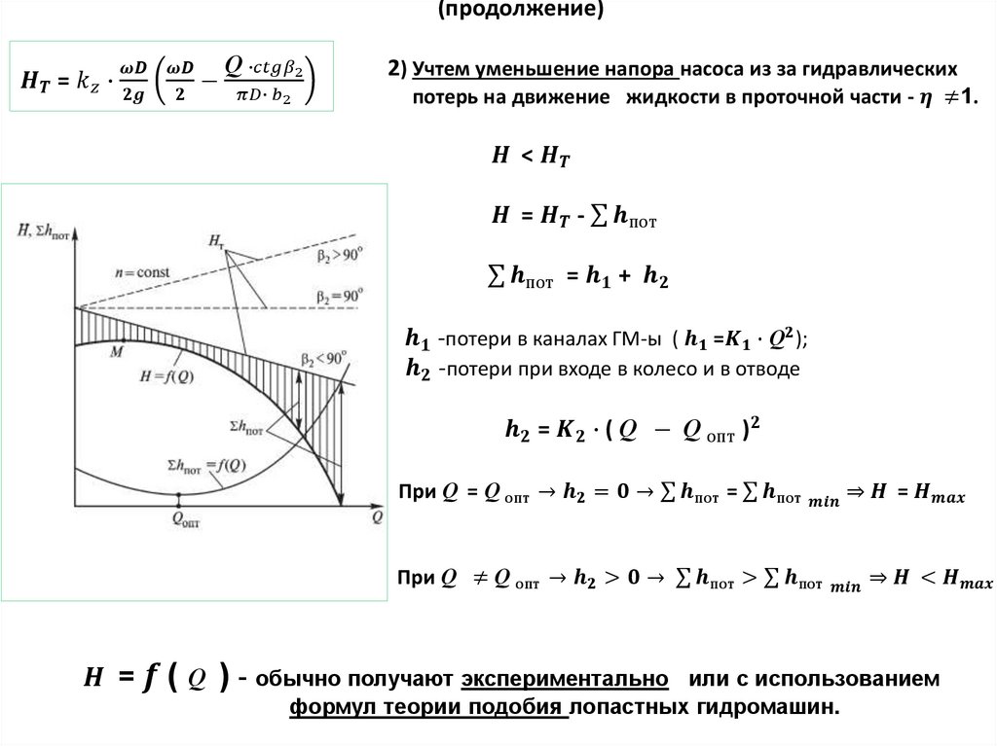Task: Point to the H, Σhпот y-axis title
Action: tap(44, 231)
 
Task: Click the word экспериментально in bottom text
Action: tap(565, 679)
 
